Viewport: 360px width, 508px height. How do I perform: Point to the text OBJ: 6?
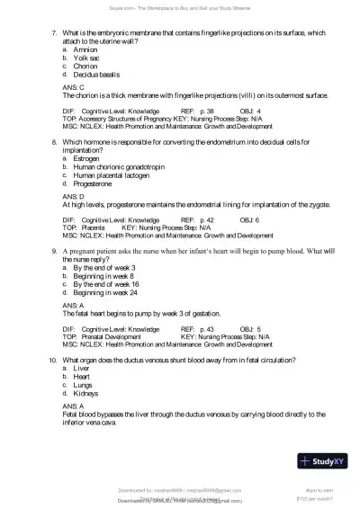[x=249, y=219]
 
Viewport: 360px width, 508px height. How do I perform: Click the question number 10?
[x=53, y=361]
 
